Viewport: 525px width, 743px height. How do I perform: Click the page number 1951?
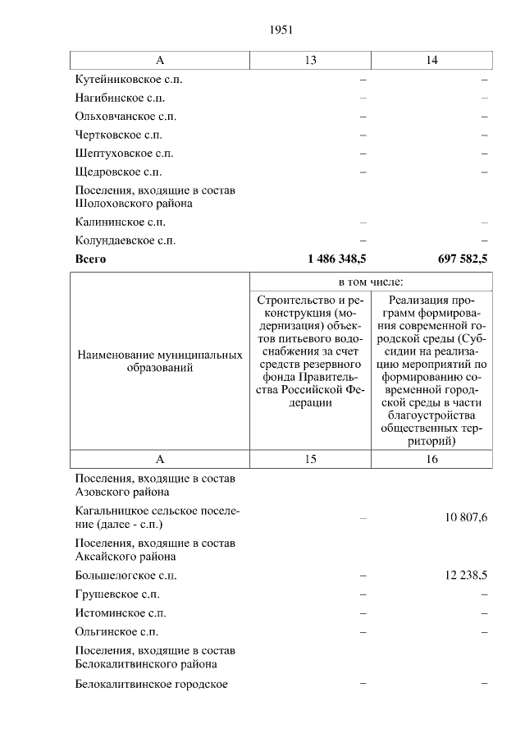(x=281, y=30)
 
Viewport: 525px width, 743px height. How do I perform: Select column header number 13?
(x=310, y=61)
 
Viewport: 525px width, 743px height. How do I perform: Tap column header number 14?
(x=431, y=61)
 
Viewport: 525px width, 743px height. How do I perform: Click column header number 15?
(x=310, y=460)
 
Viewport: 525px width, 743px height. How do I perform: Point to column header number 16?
(x=431, y=460)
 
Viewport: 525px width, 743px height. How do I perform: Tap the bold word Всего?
(x=90, y=259)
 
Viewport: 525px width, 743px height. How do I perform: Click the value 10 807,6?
(x=463, y=517)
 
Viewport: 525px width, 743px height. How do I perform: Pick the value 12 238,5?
(x=463, y=576)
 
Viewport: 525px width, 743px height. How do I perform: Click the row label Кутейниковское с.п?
(x=128, y=80)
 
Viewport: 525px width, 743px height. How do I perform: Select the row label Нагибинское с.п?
(x=119, y=99)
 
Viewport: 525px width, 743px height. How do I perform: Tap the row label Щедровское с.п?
(x=118, y=172)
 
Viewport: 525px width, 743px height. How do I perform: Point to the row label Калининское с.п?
(x=120, y=222)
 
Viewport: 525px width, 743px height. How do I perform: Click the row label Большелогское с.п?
(x=125, y=576)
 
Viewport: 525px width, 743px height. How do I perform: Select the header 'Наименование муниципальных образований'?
(x=160, y=362)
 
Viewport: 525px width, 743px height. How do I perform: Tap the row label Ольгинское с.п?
(x=116, y=632)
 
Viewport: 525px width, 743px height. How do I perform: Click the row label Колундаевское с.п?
(x=125, y=241)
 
